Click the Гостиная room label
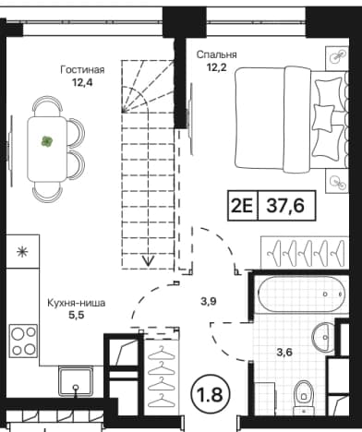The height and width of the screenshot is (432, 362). coord(82,70)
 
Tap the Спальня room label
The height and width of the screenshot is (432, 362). coord(217,54)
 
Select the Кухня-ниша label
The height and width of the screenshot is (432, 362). coord(77,303)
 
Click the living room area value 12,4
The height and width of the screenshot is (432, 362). coord(82,82)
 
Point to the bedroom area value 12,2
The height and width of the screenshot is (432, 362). coord(217,67)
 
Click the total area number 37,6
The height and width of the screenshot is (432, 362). coord(285,205)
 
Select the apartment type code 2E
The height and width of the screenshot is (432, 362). coord(242,206)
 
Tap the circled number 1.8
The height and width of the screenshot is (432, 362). coord(211,394)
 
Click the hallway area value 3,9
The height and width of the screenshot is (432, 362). coord(209,302)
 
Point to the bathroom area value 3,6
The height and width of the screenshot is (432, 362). coord(284,353)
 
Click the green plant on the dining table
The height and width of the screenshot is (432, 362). coord(47,141)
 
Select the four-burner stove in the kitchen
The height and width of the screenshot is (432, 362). coord(23,341)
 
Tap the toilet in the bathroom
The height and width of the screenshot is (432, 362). coord(303,397)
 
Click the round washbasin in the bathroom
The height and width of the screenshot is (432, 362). coord(323,338)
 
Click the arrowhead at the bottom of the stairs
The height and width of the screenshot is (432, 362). coord(149,261)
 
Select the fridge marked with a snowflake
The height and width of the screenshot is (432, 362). coord(23,252)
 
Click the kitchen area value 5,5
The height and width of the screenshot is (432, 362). coord(77,316)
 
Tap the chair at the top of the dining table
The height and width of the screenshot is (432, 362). coord(47,105)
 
